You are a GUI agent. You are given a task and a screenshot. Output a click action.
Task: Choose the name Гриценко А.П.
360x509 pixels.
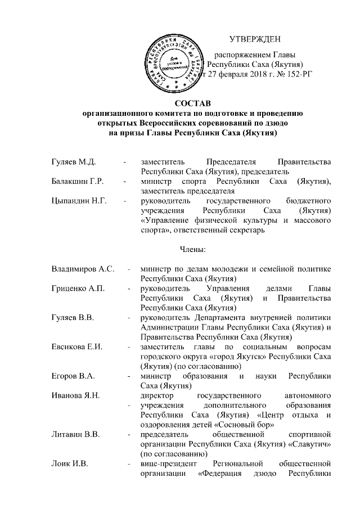click(x=77, y=289)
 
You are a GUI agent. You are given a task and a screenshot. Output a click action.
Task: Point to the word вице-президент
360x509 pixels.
click(x=166, y=462)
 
